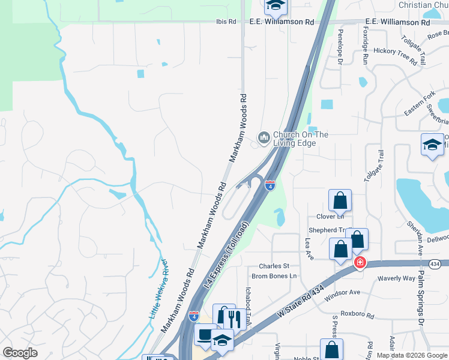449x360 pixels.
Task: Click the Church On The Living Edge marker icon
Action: coord(264,139)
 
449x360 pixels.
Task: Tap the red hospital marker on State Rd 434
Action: coord(360,262)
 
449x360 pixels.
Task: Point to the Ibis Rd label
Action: coord(226,22)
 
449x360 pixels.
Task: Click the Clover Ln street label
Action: coord(328,217)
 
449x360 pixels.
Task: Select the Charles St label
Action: coord(274,266)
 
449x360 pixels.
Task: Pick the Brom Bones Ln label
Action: coord(274,276)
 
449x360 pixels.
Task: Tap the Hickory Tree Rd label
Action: coord(395,55)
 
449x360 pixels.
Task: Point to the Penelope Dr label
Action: coord(340,47)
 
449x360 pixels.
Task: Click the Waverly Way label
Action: coord(396,278)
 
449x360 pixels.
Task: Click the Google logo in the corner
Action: coord(20,353)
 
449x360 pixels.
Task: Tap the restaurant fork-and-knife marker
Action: coord(234,318)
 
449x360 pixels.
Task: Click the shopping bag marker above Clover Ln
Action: coord(340,200)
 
